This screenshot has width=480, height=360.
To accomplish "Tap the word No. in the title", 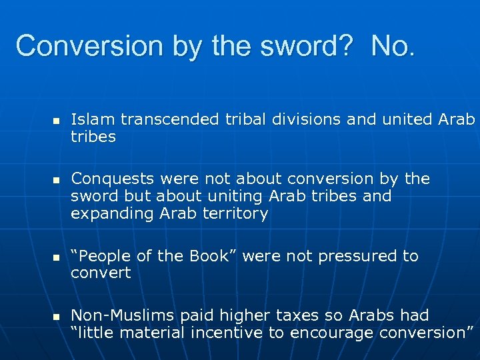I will point(393,46).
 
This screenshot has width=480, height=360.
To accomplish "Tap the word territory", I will point(237,213).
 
